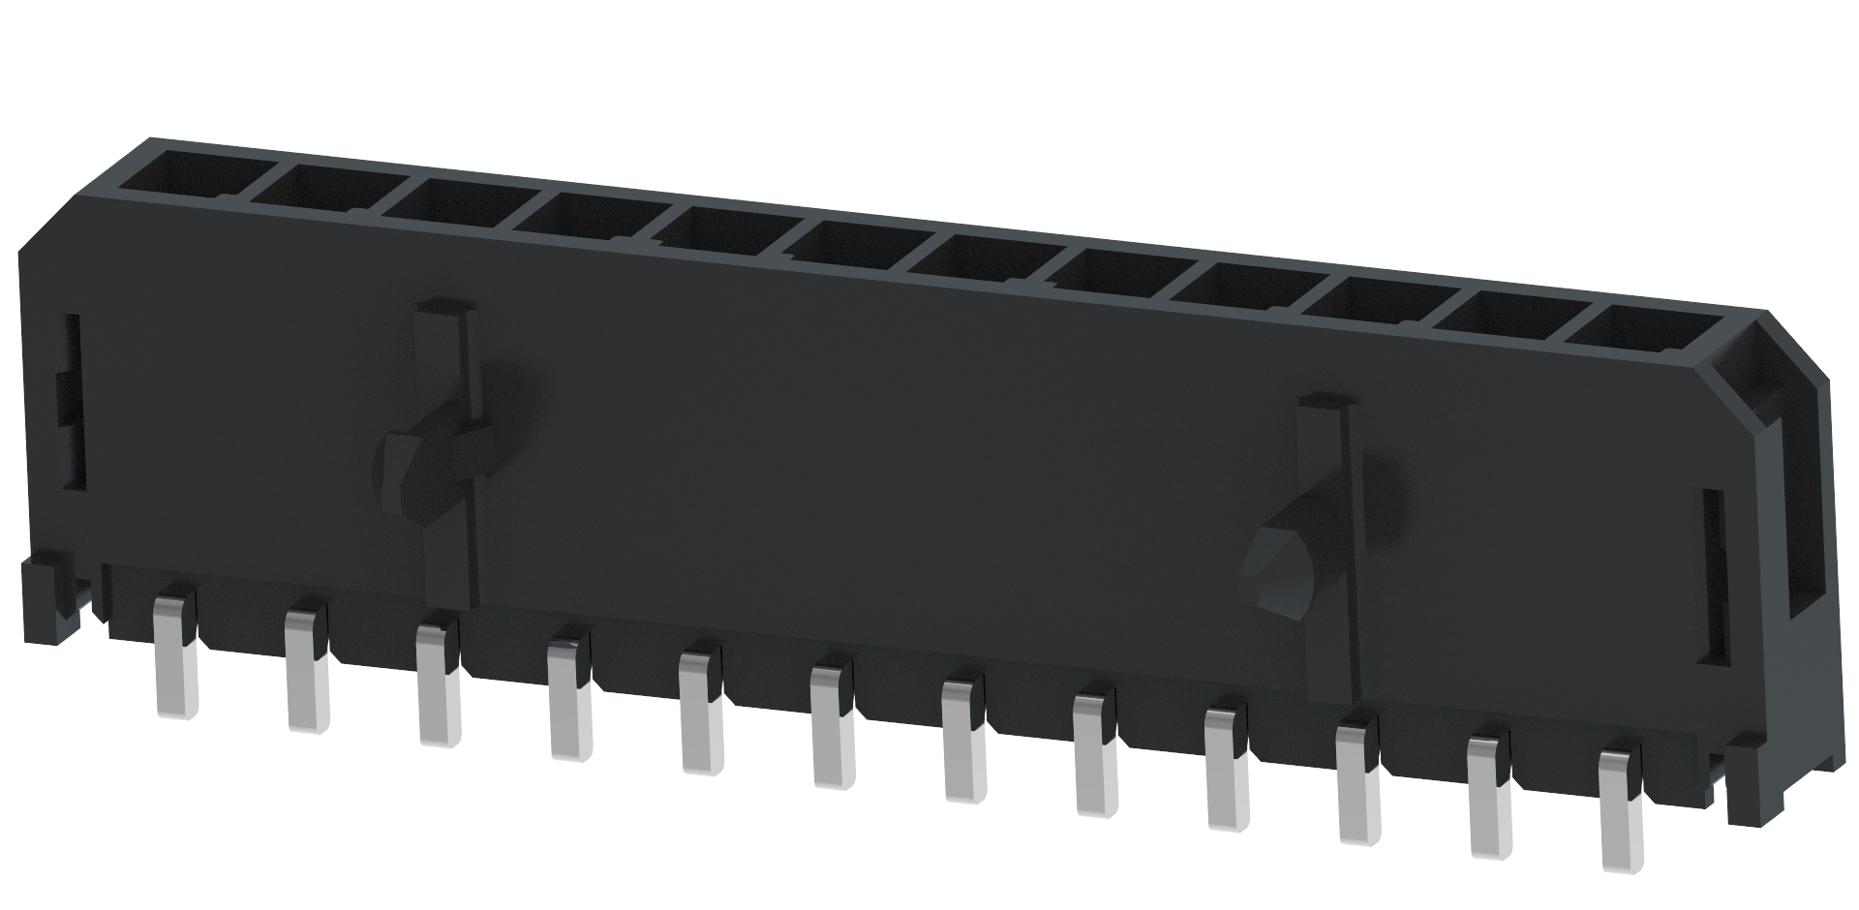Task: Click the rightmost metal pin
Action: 1621,807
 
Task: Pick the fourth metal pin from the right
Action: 1226,767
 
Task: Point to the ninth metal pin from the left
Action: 1226,767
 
